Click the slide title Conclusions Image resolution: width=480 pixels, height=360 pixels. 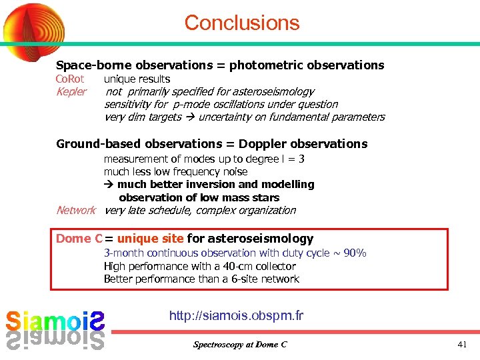241,23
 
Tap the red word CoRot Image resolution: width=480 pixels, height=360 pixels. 69,79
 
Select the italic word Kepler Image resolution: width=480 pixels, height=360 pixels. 71,91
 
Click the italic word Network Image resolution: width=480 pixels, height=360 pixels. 76,210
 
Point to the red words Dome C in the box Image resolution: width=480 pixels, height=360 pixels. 79,238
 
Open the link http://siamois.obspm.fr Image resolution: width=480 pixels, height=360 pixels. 236,315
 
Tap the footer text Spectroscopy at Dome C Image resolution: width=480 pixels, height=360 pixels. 240,345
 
